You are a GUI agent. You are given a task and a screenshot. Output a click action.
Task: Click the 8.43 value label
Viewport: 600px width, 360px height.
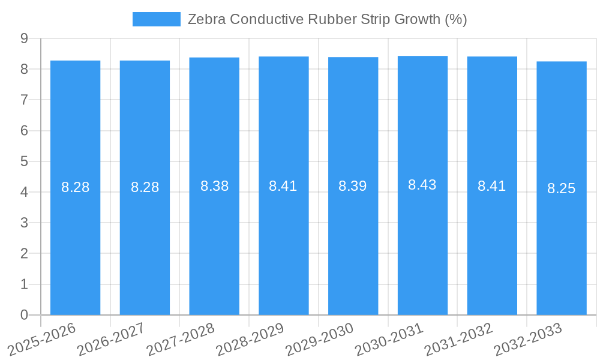[422, 185]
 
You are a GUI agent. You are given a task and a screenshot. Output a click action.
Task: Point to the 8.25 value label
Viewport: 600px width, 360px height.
[562, 188]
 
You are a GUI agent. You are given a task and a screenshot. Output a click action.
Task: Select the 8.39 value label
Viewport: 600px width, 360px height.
[353, 186]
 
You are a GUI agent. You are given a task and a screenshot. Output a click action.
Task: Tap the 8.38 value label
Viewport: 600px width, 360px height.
[214, 186]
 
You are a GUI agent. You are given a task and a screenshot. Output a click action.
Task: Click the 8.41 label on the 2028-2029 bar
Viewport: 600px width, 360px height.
[283, 186]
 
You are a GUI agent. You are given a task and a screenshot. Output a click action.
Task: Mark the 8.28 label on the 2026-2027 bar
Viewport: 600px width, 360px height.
[145, 187]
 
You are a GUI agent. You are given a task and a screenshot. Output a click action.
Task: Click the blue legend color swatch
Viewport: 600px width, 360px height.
[156, 19]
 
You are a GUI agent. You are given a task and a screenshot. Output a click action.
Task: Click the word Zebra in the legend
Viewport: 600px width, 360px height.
[206, 19]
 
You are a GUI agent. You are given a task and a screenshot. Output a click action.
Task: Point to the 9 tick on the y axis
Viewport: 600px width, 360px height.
[24, 38]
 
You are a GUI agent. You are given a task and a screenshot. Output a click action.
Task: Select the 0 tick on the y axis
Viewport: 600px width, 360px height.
[24, 315]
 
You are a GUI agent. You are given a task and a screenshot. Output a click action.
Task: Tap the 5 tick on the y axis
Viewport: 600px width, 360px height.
[24, 161]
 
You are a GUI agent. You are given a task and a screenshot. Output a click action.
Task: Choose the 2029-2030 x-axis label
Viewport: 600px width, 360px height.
[320, 340]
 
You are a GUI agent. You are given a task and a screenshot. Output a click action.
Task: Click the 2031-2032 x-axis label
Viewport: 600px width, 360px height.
[459, 340]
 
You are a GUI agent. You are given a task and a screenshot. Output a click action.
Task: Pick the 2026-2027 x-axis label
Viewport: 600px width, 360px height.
[112, 340]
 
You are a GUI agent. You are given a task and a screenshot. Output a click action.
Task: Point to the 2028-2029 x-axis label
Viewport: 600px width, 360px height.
[250, 340]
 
